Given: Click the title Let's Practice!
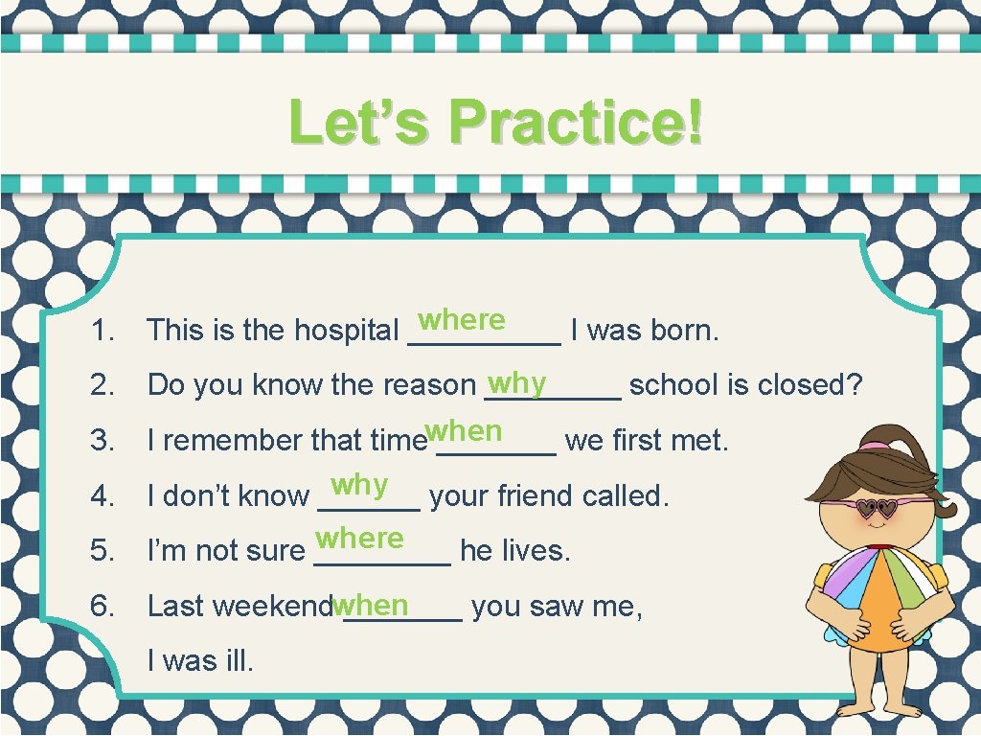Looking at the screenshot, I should (495, 123).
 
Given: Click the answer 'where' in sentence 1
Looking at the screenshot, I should (462, 319).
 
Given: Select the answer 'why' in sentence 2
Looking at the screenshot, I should (516, 383).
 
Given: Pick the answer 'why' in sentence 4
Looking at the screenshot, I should (359, 486).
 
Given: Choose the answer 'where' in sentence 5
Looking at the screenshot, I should (359, 539).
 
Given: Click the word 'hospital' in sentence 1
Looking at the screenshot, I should (346, 331).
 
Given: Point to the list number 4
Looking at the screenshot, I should (101, 496).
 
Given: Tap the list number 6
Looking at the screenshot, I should (101, 607).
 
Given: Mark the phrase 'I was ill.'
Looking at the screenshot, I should (200, 660).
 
